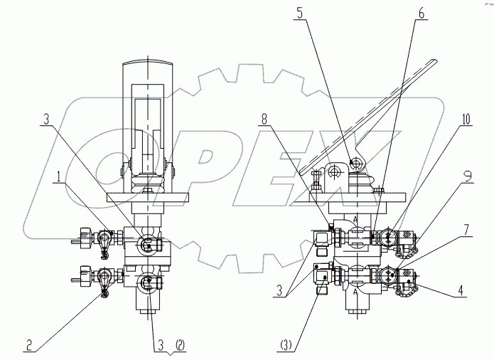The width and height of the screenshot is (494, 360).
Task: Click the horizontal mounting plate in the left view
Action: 149,196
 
